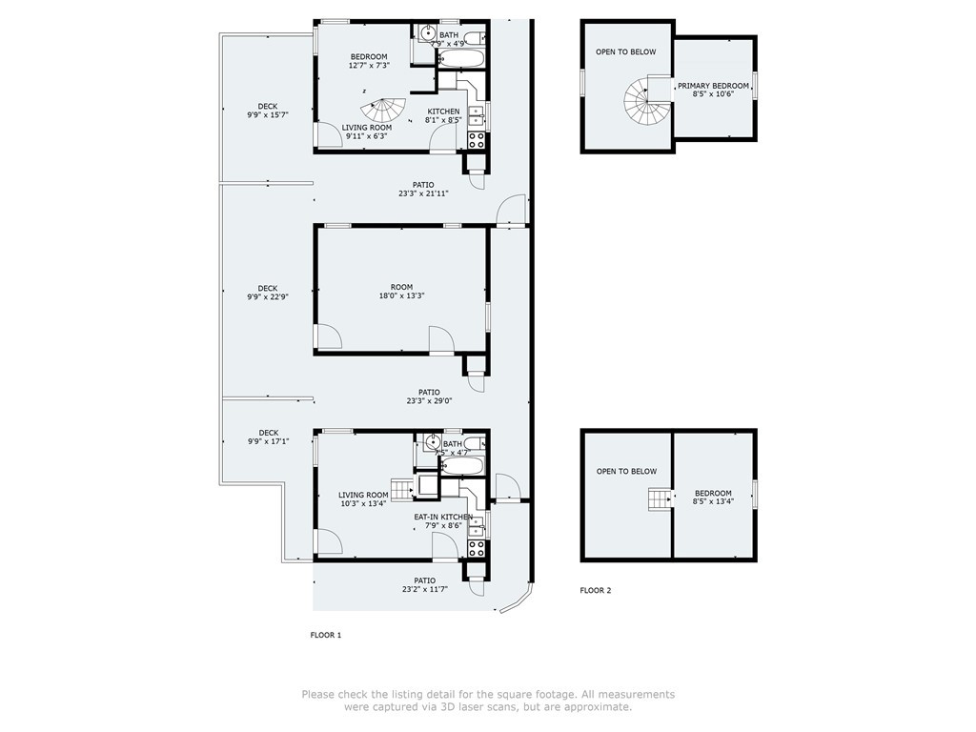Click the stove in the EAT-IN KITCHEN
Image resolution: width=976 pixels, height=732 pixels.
477,548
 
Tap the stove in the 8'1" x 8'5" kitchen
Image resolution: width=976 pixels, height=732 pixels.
477,140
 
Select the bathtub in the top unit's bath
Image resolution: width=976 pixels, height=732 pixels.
462,59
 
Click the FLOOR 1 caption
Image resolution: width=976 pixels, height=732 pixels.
325,635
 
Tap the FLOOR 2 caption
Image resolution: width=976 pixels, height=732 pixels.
596,590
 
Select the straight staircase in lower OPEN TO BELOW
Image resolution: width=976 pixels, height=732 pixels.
660,498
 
